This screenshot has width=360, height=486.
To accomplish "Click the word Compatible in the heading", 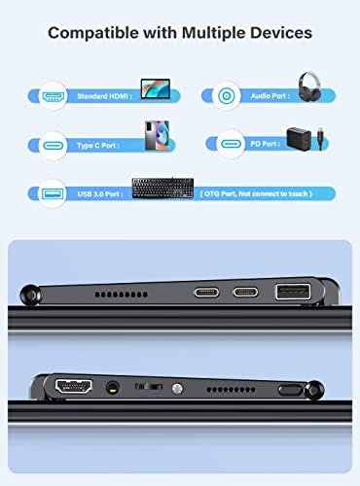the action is pos(93,33).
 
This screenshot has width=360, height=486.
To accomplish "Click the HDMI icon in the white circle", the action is pos(53,96).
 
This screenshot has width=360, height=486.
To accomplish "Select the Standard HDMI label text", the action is pos(104,96).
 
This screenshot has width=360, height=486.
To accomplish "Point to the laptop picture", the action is pos(156,88).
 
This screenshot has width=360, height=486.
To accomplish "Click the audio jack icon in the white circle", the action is pos(227,96).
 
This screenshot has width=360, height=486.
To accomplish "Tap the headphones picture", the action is pos(309,87).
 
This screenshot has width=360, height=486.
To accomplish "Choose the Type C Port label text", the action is pos(98,146).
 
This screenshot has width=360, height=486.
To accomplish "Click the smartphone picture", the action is pos(157,135).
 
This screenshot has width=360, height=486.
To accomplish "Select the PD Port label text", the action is pos(265,144).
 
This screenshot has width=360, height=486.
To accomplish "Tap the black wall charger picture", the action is pos(299,139).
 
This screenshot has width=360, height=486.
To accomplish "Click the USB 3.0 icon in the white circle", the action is pos(53,193).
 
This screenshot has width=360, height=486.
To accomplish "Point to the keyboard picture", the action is pos(162,188).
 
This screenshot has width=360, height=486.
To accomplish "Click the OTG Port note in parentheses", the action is pos(256,193).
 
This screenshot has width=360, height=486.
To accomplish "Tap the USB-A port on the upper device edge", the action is pos(293,292).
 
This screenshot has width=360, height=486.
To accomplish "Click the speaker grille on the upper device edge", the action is pos(121,295).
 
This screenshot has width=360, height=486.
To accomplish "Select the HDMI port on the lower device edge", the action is pos(74,386).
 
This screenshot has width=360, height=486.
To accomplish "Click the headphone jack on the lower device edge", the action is pos(113,388).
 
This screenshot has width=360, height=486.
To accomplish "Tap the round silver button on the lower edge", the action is pos(177,389).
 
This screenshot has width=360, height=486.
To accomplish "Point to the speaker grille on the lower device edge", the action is pos(231,390).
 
